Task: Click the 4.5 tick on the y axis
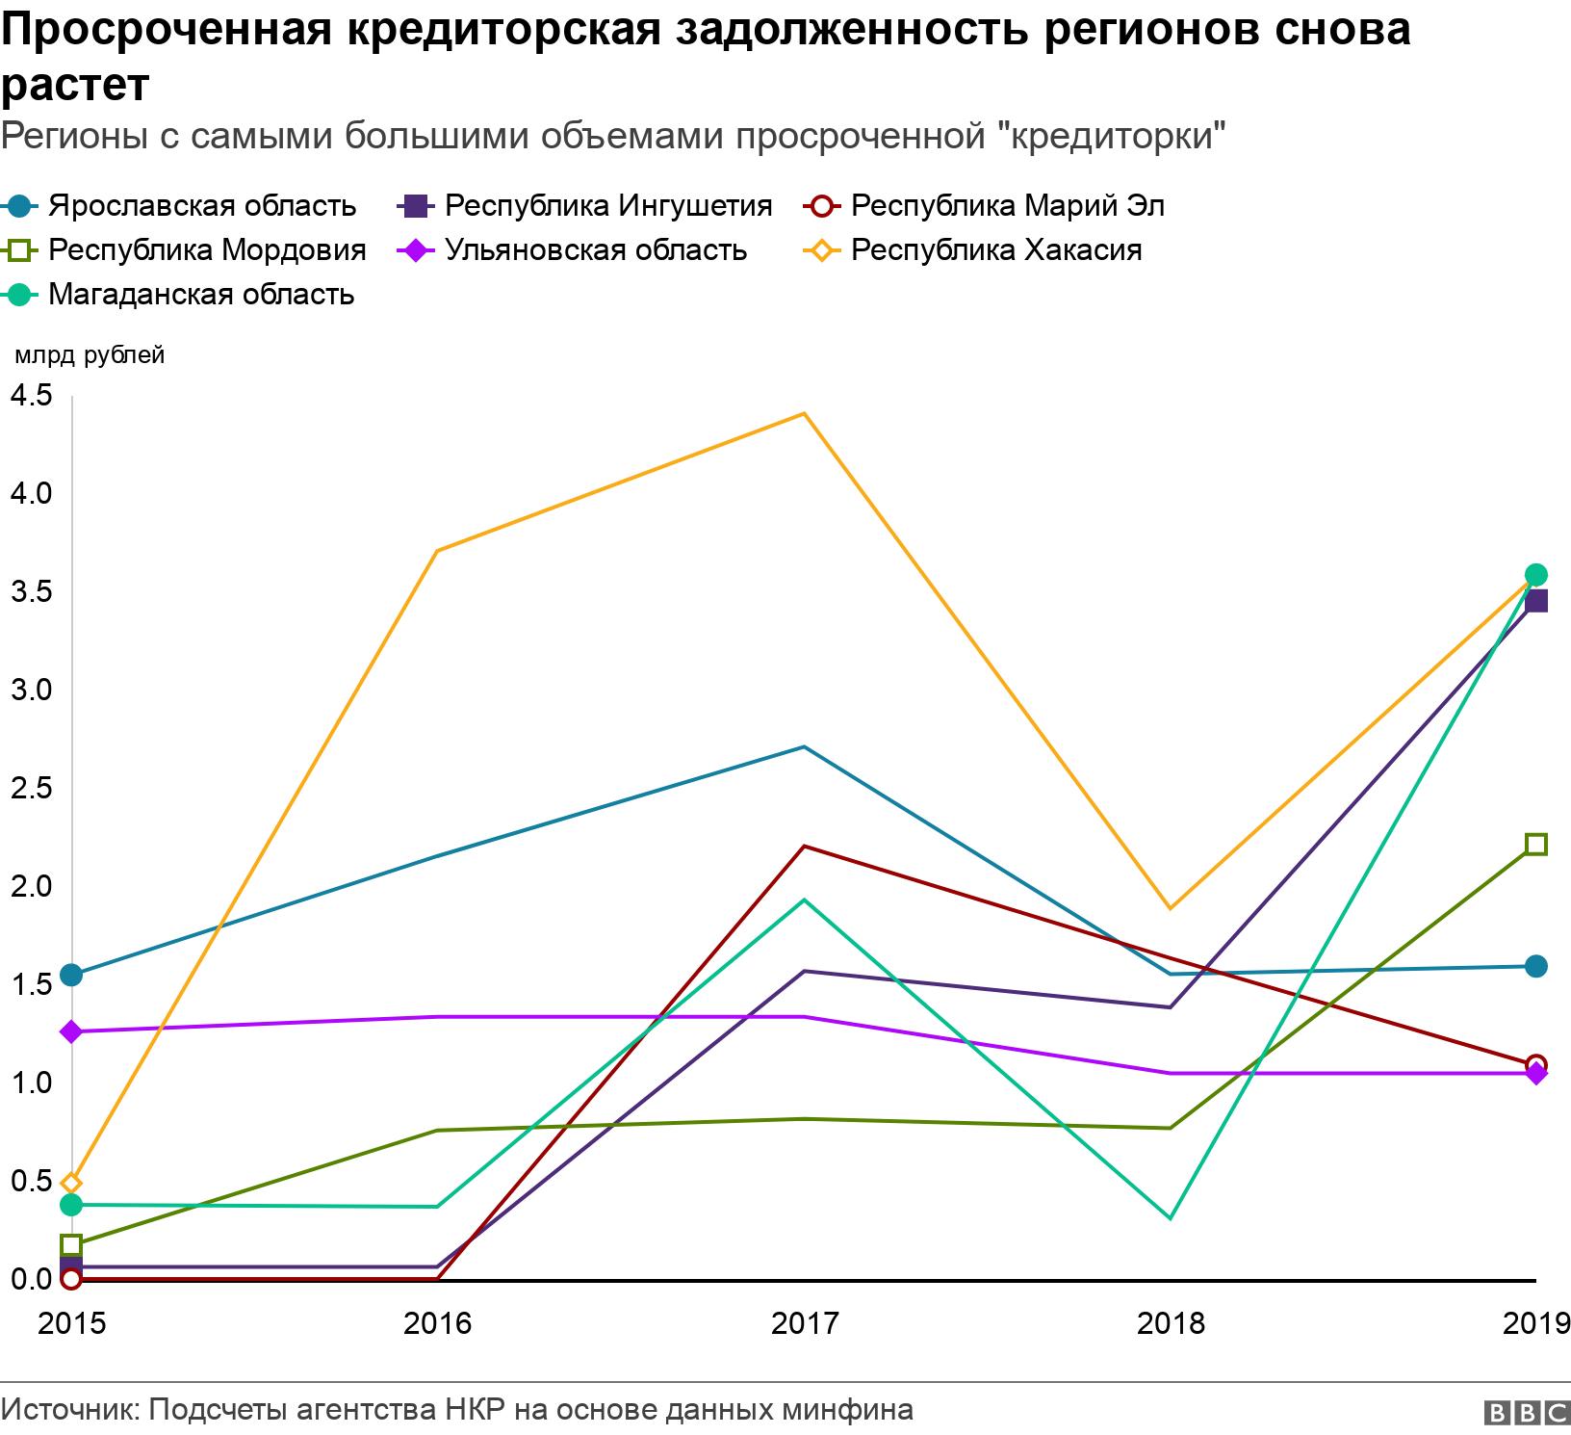(x=31, y=395)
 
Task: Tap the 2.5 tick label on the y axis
(x=31, y=788)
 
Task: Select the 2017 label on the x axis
(x=805, y=1323)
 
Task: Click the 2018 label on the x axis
(x=1171, y=1323)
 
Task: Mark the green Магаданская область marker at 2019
(x=1536, y=575)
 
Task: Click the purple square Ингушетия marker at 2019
(x=1536, y=602)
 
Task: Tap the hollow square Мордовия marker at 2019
(x=1536, y=845)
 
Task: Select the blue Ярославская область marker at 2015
(x=71, y=975)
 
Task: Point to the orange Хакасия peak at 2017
(x=805, y=414)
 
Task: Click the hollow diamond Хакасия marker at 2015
(x=71, y=1184)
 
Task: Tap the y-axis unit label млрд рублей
(x=89, y=355)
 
